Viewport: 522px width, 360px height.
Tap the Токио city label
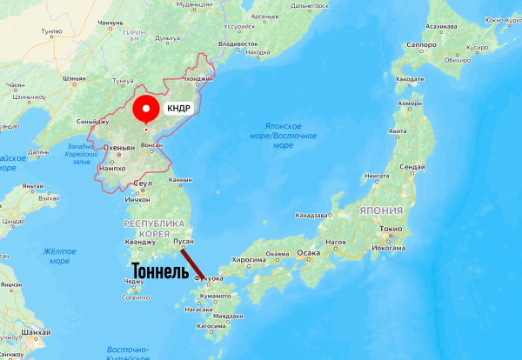click(x=389, y=229)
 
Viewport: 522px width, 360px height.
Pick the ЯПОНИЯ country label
click(x=380, y=210)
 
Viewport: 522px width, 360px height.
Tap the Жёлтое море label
click(x=59, y=256)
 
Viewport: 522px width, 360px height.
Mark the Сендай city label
click(x=411, y=165)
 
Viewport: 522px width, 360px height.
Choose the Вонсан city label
click(x=151, y=145)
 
